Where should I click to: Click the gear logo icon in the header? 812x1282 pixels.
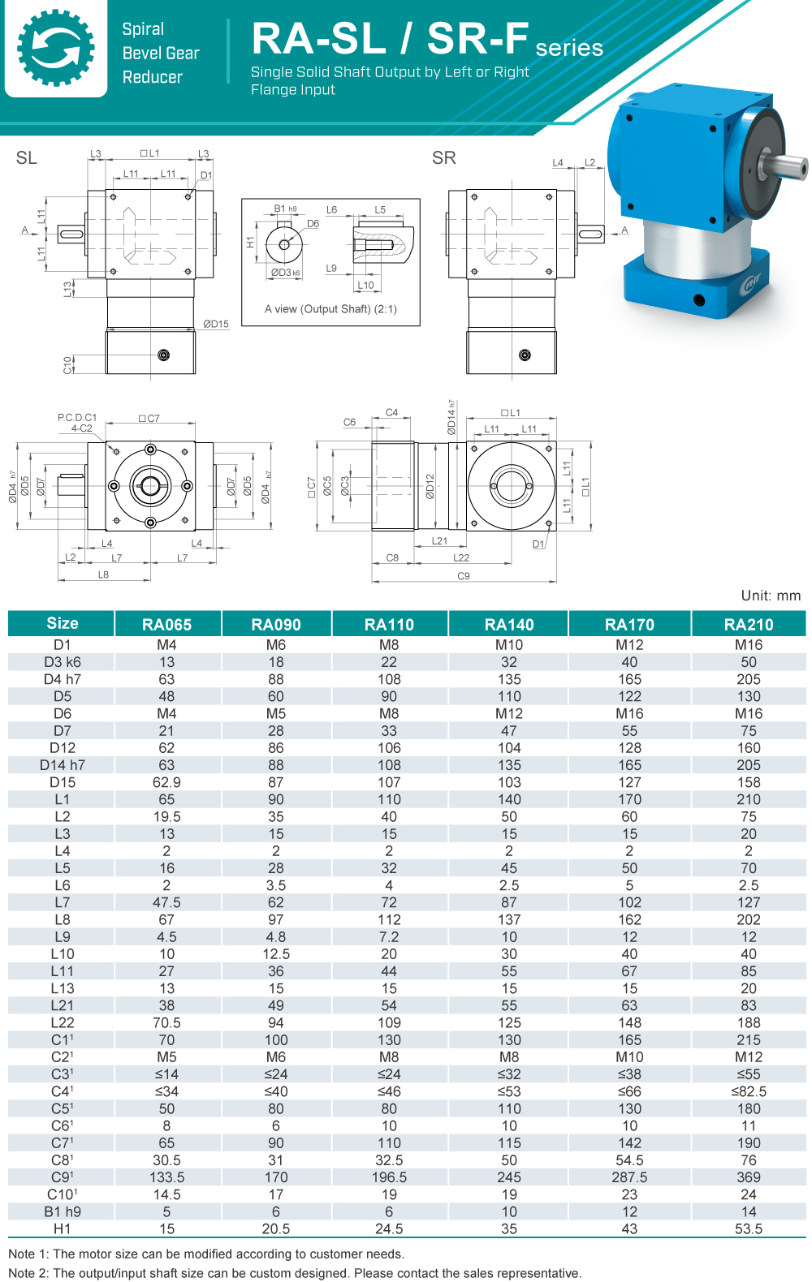point(55,48)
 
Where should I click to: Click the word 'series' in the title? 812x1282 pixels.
point(569,48)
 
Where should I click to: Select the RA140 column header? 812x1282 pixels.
point(509,624)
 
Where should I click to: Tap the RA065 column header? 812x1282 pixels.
point(166,624)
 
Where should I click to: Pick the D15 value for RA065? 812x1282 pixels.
point(166,782)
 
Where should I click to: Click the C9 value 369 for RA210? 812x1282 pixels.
point(748,1177)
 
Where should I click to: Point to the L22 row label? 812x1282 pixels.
point(63,1022)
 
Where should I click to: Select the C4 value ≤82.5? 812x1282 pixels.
point(748,1091)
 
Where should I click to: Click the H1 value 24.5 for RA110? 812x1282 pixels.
point(389,1228)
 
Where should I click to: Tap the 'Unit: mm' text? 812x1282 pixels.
point(770,596)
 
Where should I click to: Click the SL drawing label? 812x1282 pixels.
point(27,158)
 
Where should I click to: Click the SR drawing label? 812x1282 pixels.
point(443,158)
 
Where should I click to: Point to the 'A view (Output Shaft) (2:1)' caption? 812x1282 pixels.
point(330,309)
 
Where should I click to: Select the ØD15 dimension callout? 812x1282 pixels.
point(216,324)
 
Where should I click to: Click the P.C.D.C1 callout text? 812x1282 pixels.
point(77,418)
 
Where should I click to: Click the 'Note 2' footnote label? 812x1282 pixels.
point(28,1273)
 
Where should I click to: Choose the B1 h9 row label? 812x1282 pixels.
point(63,1211)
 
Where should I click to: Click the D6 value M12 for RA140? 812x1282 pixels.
point(509,713)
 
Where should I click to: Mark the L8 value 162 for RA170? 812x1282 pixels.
point(629,919)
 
